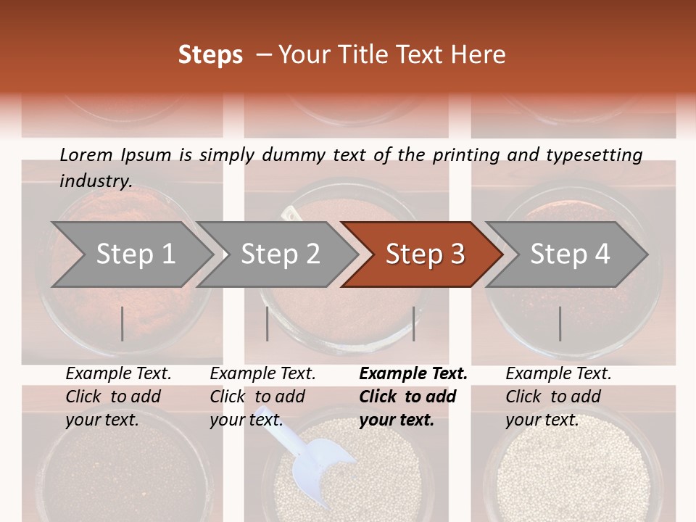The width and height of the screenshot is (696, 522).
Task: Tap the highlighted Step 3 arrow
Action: pos(424,254)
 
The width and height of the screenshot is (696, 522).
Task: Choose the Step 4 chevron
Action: pos(569,254)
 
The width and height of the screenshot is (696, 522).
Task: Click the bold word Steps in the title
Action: pos(210,55)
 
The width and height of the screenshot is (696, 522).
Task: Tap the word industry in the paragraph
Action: pos(95,181)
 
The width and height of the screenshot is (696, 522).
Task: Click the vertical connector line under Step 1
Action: pos(123,323)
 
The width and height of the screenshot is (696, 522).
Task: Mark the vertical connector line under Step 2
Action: pos(268,323)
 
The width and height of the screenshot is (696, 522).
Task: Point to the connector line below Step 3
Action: pos(414,323)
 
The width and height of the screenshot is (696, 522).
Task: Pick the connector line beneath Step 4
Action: pos(560,323)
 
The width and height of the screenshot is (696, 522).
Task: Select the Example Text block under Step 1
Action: pos(118,397)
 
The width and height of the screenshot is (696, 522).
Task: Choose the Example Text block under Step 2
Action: pos(262,397)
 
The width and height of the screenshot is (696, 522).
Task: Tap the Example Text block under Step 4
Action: pos(558,397)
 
